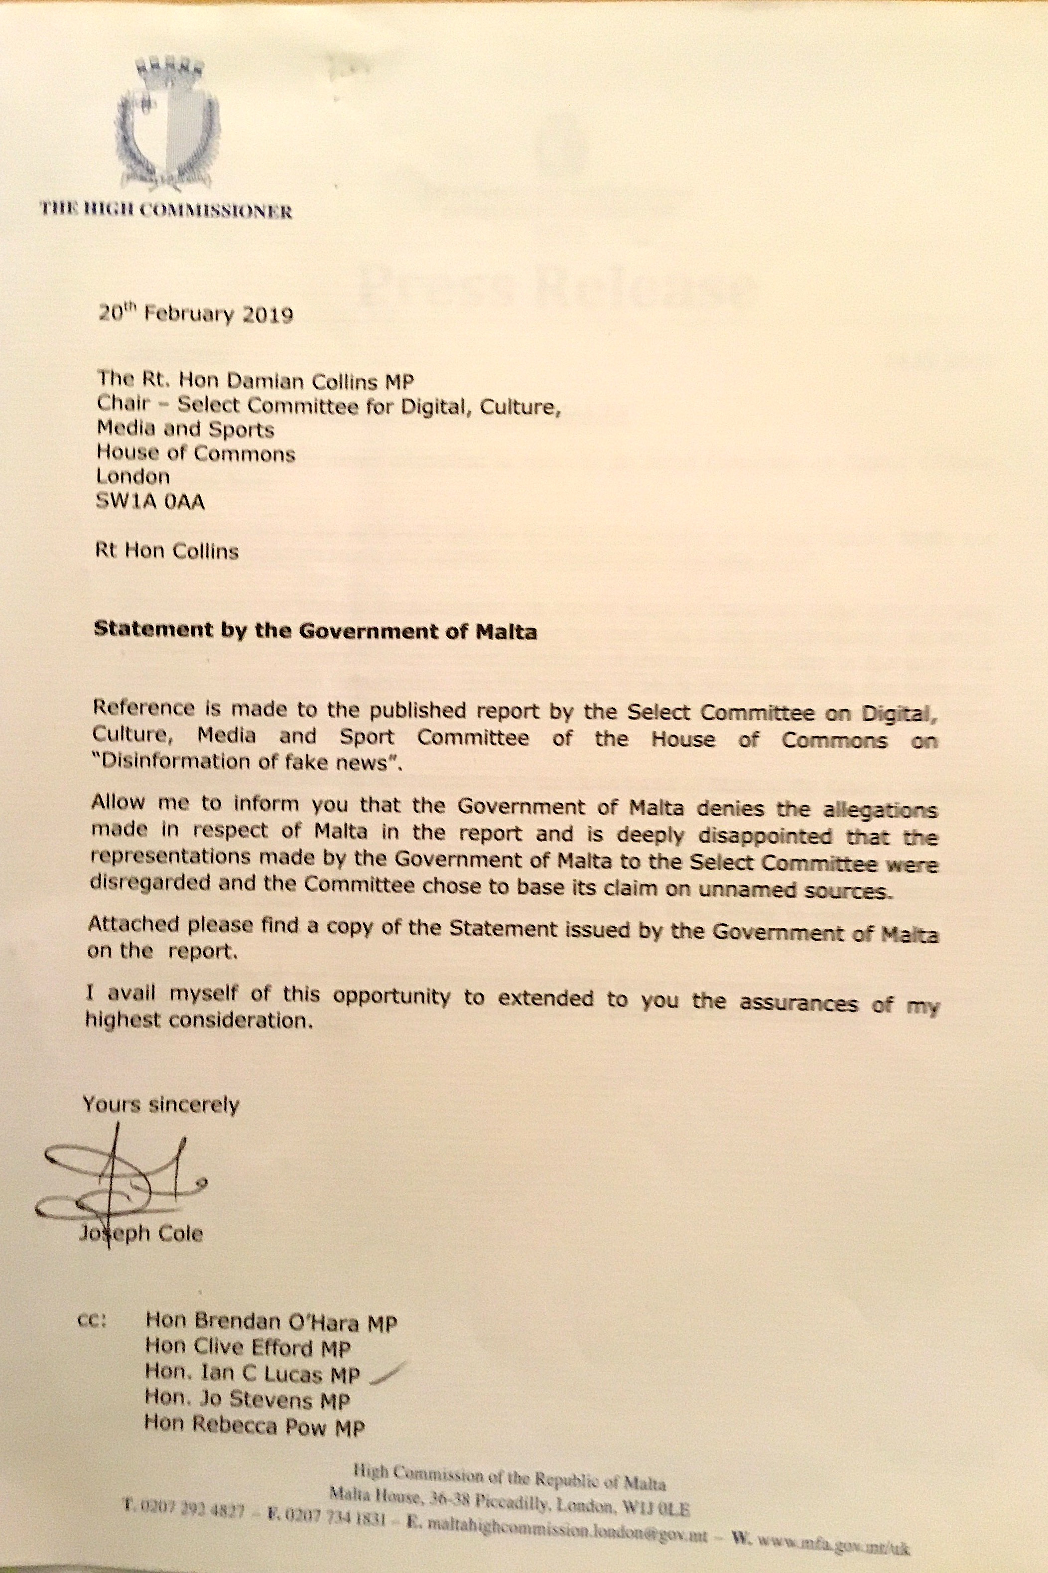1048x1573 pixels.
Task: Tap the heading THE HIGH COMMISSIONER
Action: point(166,211)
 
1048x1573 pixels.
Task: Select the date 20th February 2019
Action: point(196,313)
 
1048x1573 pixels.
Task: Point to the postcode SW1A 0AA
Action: point(150,501)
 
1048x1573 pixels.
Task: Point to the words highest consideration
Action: point(199,1021)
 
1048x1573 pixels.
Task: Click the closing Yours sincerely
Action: point(160,1105)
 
